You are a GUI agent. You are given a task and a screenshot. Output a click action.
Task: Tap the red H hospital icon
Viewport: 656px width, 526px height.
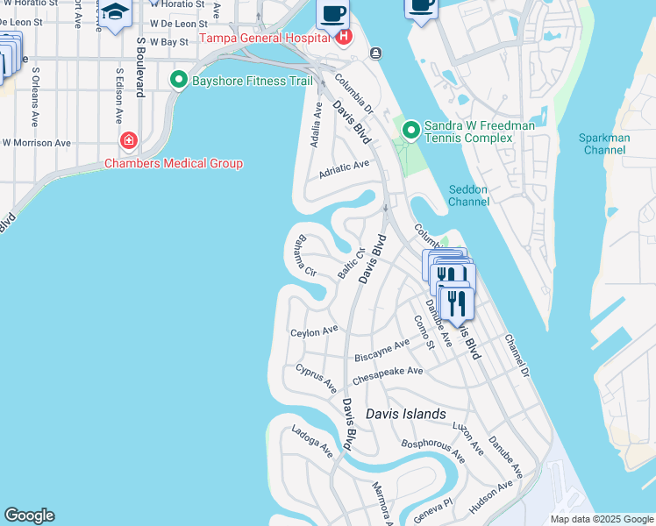coord(344,38)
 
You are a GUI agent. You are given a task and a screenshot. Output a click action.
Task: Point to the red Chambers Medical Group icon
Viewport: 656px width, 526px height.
coord(129,140)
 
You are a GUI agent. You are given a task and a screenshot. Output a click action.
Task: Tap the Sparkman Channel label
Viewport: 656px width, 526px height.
coord(603,144)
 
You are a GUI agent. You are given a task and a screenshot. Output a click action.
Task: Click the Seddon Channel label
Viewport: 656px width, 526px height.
coord(468,195)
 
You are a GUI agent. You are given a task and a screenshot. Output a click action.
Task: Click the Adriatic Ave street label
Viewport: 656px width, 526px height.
coord(344,167)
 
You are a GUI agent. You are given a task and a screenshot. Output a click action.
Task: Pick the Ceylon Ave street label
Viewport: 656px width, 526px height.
coord(314,331)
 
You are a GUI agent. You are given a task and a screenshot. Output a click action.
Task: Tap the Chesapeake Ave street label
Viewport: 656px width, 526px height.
coord(388,376)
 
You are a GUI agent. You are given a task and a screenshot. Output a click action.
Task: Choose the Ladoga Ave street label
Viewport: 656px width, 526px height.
coord(312,442)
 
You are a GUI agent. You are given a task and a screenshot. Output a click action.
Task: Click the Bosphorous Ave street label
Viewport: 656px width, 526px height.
coord(432,448)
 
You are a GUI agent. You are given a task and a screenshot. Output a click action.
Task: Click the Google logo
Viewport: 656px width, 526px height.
coord(29,515)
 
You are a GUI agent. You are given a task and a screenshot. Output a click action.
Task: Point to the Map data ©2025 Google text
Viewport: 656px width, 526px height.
coord(602,519)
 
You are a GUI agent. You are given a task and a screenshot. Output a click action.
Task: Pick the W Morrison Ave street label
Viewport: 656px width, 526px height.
coord(37,142)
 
